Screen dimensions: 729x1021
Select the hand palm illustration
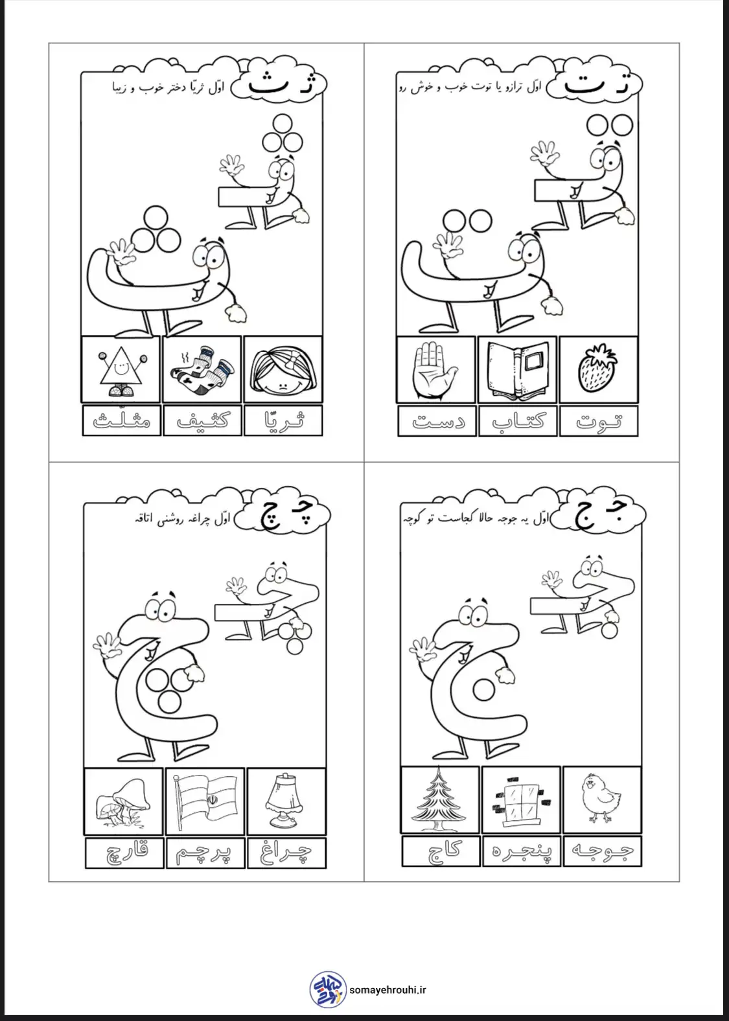(x=434, y=370)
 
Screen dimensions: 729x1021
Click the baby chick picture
(x=601, y=797)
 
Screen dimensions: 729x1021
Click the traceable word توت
(x=599, y=421)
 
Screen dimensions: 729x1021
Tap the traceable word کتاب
(x=518, y=420)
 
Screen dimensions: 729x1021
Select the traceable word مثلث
(x=121, y=419)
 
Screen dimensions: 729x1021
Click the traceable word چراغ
(x=286, y=853)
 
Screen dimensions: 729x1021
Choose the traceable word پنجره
(x=521, y=850)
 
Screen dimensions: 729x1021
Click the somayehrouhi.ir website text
(x=388, y=989)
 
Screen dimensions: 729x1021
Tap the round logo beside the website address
(x=328, y=989)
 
